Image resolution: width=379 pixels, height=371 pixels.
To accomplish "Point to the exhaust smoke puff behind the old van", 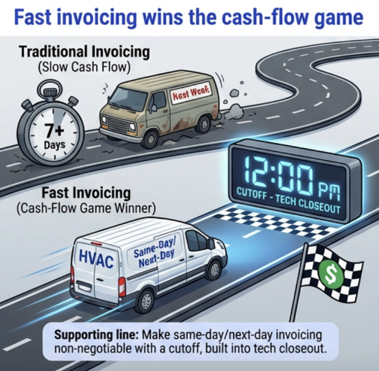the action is tap(233, 94).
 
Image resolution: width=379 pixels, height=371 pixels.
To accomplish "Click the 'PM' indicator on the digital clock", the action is tap(329, 188).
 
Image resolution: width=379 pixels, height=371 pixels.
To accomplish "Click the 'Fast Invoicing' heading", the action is tap(85, 193).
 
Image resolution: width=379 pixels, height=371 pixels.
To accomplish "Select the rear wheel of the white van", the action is tap(145, 301).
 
